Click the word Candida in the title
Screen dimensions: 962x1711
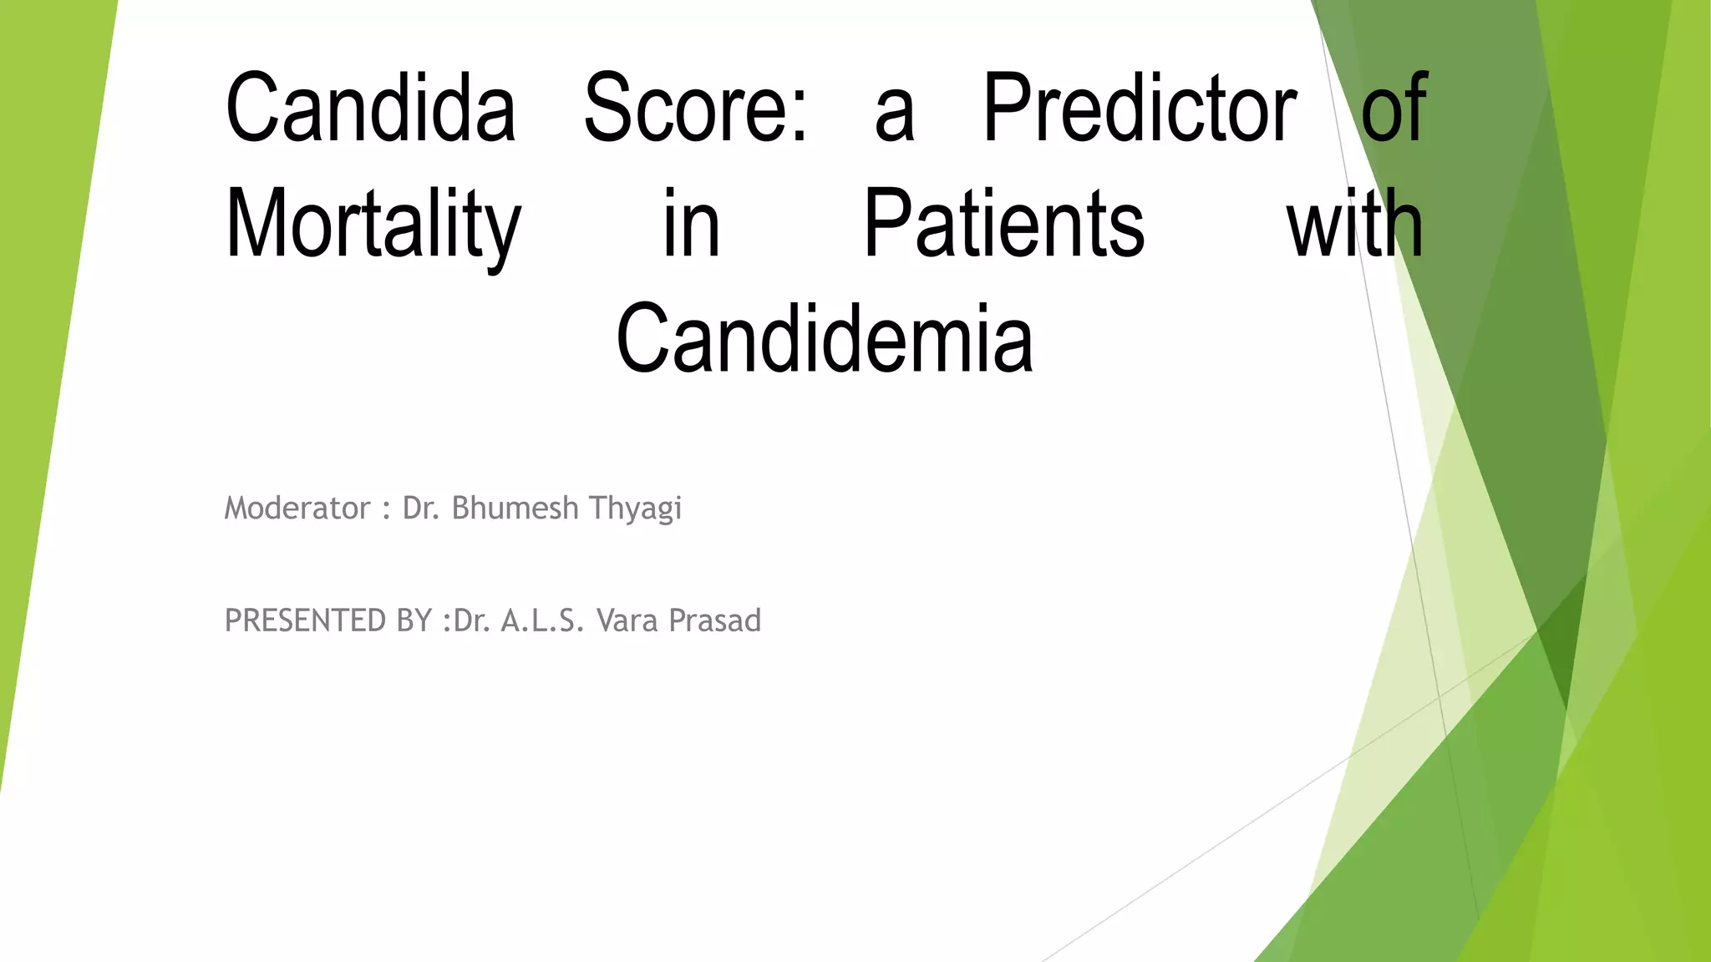click(371, 109)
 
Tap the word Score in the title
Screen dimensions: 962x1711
click(685, 109)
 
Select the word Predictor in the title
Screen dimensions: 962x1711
click(1140, 109)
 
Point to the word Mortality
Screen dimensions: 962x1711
click(373, 224)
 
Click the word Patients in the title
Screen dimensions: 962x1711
click(1003, 224)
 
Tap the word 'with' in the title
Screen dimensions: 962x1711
click(1355, 224)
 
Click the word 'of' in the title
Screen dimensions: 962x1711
click(1394, 109)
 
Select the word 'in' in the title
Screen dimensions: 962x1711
click(691, 224)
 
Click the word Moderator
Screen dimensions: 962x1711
click(297, 508)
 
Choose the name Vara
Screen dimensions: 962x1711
click(627, 620)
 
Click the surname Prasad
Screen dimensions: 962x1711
click(715, 620)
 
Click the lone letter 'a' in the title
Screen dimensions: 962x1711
click(895, 117)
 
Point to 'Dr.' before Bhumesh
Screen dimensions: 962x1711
click(420, 508)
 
